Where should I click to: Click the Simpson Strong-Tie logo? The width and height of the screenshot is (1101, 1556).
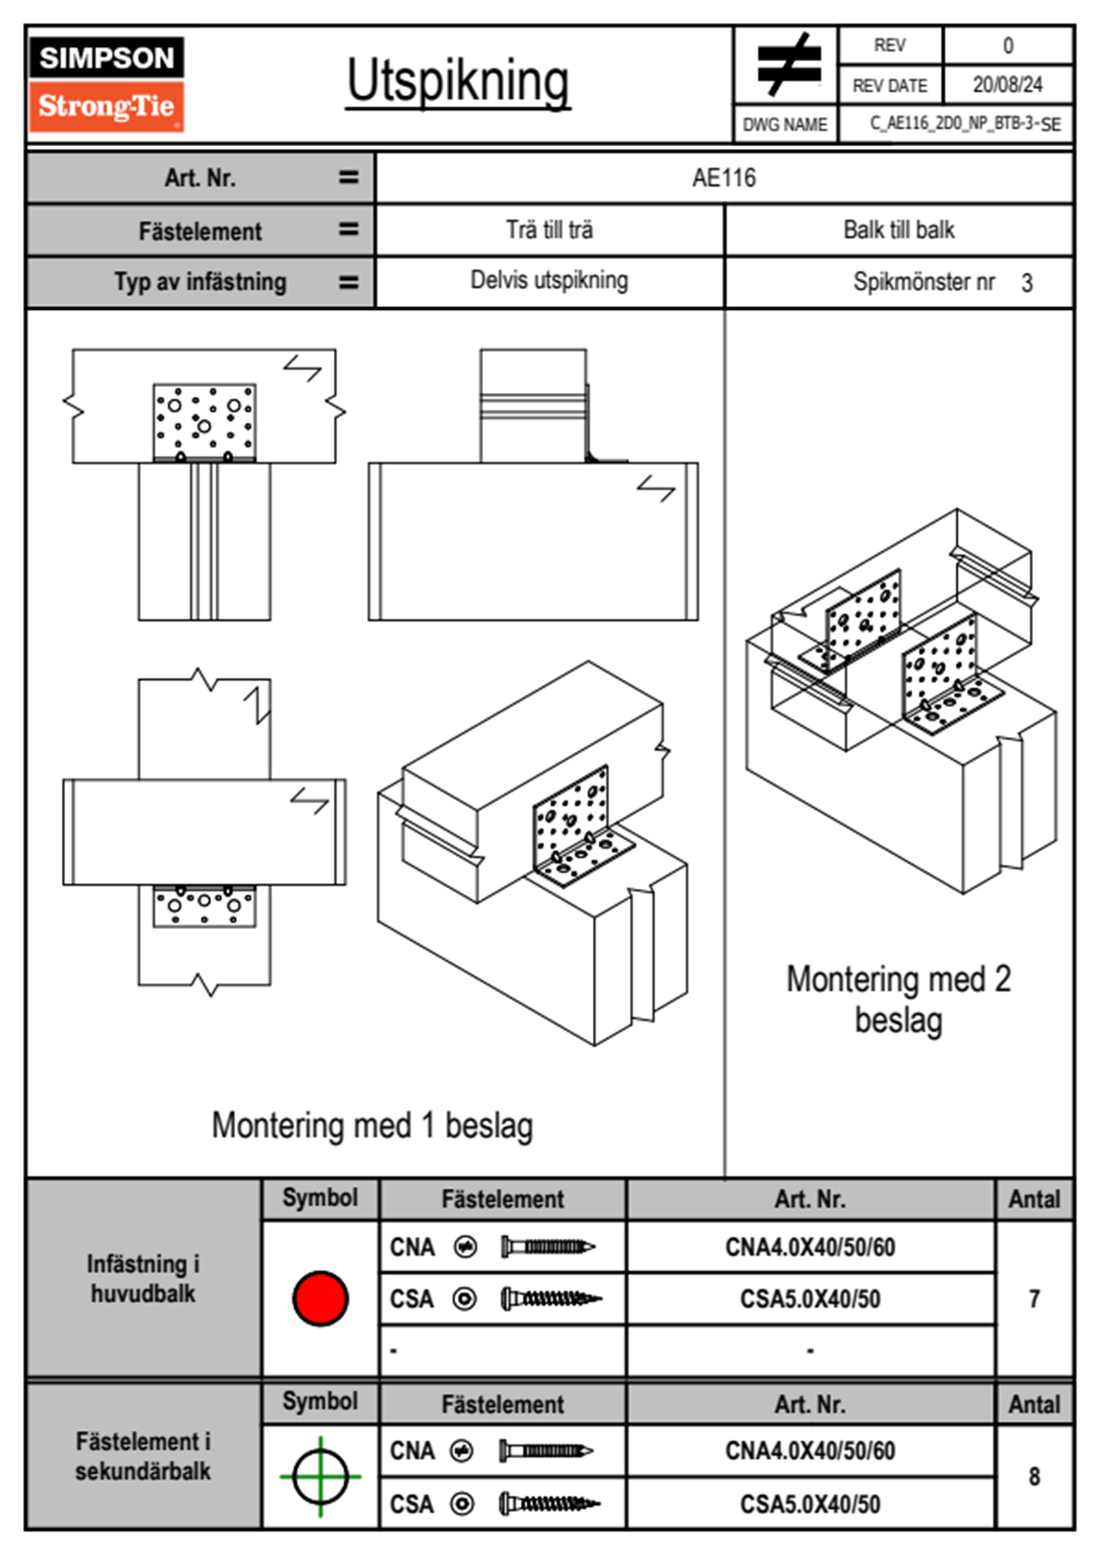pyautogui.click(x=106, y=84)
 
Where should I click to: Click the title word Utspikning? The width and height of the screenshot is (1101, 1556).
pyautogui.click(x=458, y=81)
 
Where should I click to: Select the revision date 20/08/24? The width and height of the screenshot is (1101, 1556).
pyautogui.click(x=1007, y=85)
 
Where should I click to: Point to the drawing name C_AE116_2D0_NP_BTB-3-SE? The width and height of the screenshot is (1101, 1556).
pyautogui.click(x=965, y=124)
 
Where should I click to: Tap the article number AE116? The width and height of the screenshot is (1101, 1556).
pyautogui.click(x=724, y=178)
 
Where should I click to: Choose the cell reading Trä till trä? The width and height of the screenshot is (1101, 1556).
pyautogui.click(x=549, y=230)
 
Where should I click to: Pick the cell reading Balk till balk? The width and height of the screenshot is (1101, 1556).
pyautogui.click(x=898, y=230)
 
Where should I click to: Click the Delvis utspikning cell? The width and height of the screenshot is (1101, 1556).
pyautogui.click(x=549, y=280)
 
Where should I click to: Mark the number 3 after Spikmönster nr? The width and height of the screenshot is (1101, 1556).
pyautogui.click(x=1027, y=283)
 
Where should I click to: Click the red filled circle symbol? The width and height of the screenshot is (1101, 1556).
pyautogui.click(x=320, y=1298)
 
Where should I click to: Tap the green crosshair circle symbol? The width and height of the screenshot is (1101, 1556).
pyautogui.click(x=320, y=1476)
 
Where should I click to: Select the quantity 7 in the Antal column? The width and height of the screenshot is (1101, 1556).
pyautogui.click(x=1033, y=1299)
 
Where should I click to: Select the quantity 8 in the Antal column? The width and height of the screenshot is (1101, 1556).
pyautogui.click(x=1033, y=1476)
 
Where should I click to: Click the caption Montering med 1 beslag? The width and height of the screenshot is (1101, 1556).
pyautogui.click(x=372, y=1126)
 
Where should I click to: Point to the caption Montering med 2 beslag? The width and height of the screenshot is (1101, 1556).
pyautogui.click(x=898, y=1000)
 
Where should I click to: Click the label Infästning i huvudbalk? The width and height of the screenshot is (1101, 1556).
pyautogui.click(x=143, y=1278)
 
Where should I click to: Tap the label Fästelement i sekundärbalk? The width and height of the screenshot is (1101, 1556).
pyautogui.click(x=143, y=1456)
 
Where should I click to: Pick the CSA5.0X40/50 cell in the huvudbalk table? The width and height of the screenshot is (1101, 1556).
pyautogui.click(x=810, y=1300)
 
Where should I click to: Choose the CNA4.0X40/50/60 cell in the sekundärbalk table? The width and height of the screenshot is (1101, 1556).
pyautogui.click(x=810, y=1451)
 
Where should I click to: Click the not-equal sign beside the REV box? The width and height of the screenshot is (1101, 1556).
pyautogui.click(x=786, y=65)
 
